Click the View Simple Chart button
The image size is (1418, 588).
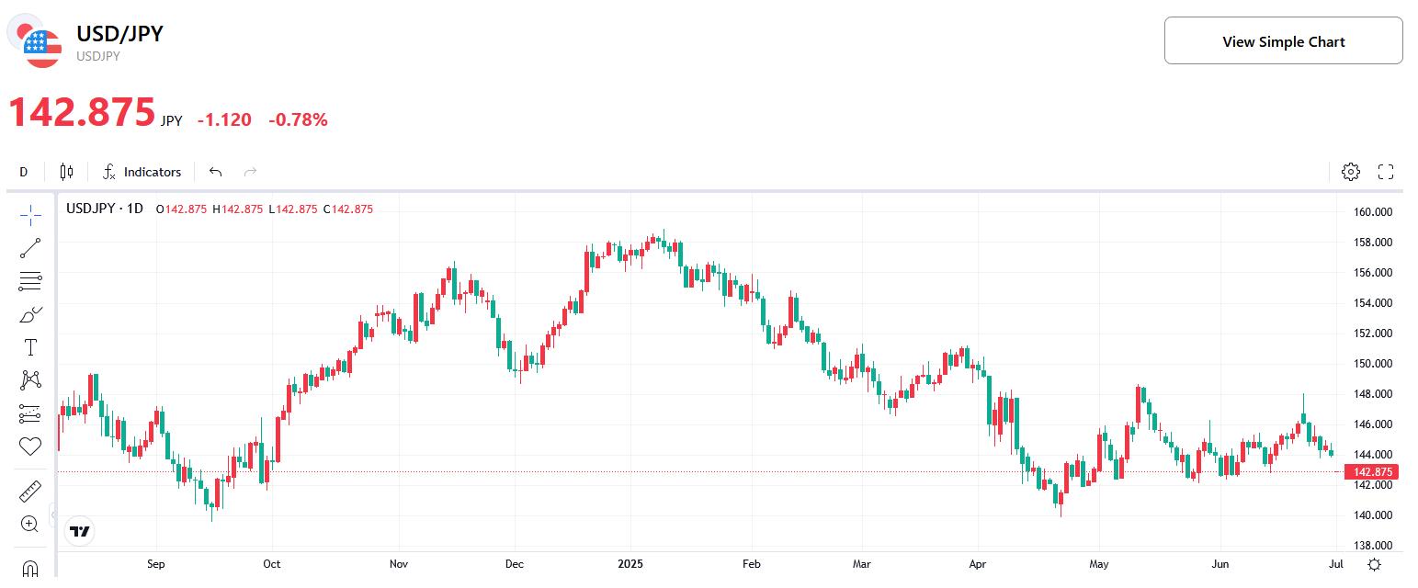click(x=1283, y=41)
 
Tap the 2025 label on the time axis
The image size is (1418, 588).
click(x=631, y=564)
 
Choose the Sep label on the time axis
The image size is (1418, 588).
click(x=155, y=564)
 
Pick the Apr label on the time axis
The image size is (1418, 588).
click(x=977, y=564)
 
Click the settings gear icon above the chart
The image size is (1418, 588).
click(x=1350, y=172)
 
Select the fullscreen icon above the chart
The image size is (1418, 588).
click(x=1386, y=172)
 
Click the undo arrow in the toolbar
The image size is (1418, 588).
click(x=216, y=172)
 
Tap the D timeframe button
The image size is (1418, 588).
click(x=24, y=172)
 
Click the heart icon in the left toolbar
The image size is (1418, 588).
click(x=30, y=447)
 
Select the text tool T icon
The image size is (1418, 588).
click(x=30, y=347)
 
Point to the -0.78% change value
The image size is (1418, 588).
click(x=298, y=119)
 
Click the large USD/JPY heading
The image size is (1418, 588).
click(x=119, y=34)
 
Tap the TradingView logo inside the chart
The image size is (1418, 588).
click(x=80, y=531)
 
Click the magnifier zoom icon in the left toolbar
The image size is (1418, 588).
click(x=29, y=524)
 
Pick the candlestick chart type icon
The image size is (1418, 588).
click(x=66, y=172)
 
